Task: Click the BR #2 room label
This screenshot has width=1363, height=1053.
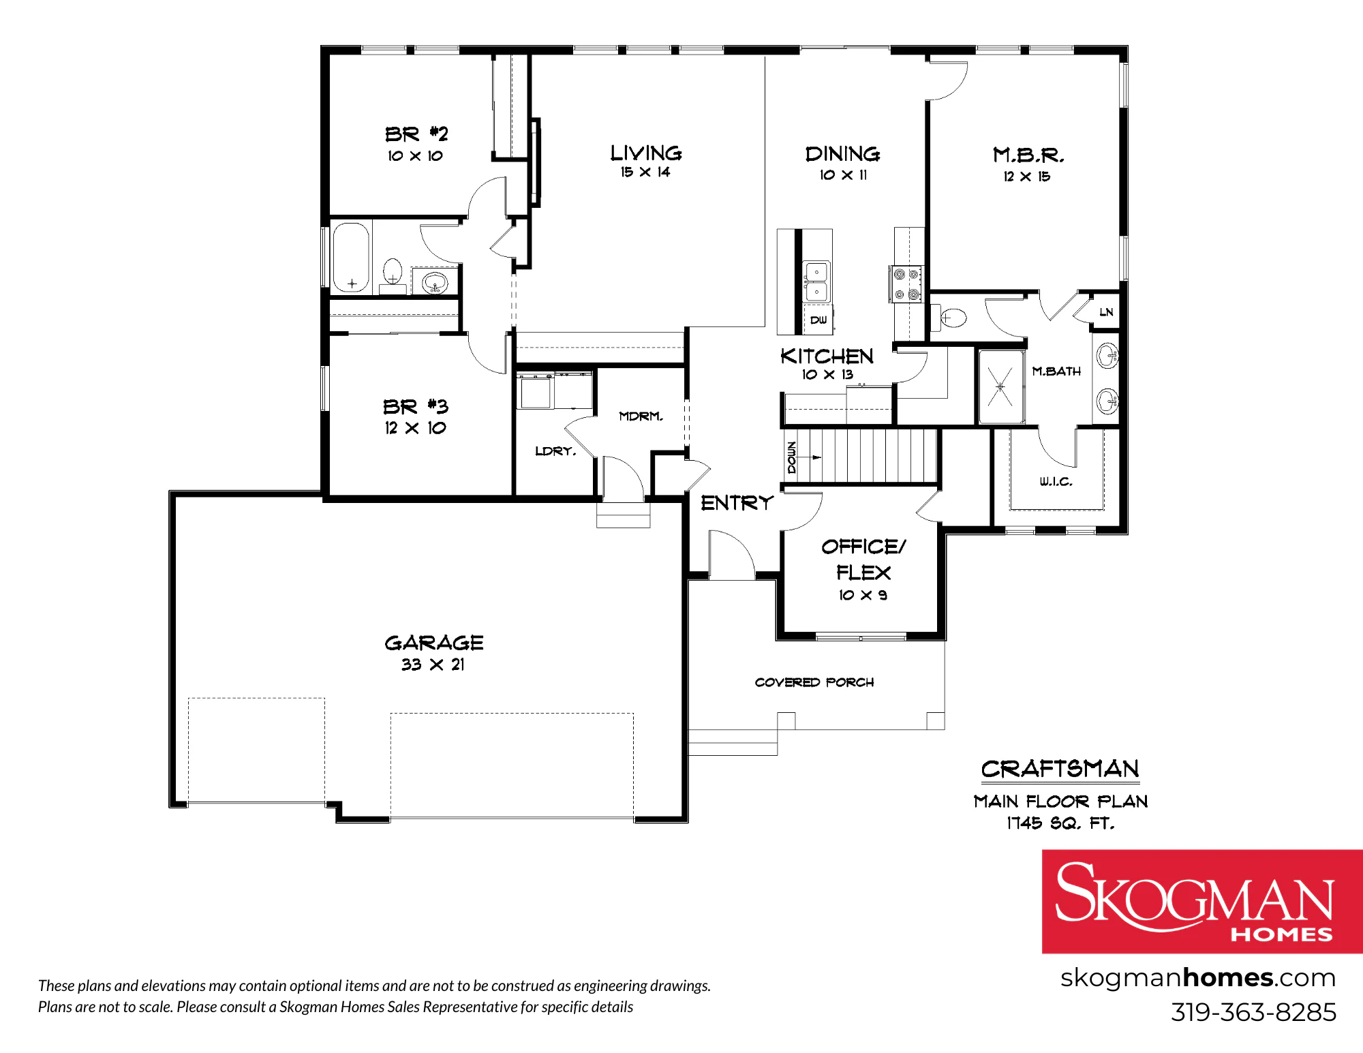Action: coord(416,134)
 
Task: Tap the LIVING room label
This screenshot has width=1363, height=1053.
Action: coord(645,153)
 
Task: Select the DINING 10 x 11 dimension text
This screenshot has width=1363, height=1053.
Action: coord(843,175)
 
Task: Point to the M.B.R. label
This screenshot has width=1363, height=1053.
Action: coord(1028,155)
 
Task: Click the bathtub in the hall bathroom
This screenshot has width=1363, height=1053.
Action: coord(351,257)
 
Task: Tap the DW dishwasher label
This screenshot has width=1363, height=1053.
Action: coord(818,320)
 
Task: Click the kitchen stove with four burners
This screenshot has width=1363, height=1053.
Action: coord(906,284)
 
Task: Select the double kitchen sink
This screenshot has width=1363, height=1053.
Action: coord(816,281)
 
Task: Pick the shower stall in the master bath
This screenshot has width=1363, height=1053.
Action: coord(1000,387)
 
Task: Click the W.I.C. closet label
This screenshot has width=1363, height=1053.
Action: coord(1056,482)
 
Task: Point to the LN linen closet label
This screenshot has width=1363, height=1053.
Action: coord(1106,312)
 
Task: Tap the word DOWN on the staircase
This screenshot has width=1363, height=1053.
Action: coord(791,457)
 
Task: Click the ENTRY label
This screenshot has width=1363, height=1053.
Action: coord(737,503)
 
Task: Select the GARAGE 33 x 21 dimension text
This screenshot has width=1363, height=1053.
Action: coord(433,665)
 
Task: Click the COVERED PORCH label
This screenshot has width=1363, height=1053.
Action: coord(814,682)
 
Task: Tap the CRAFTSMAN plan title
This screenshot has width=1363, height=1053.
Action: coord(1060,769)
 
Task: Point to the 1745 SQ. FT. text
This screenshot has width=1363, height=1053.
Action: coord(1060,823)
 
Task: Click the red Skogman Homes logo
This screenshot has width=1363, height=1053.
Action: coord(1202,901)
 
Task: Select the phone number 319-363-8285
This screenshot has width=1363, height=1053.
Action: coord(1253,1012)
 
